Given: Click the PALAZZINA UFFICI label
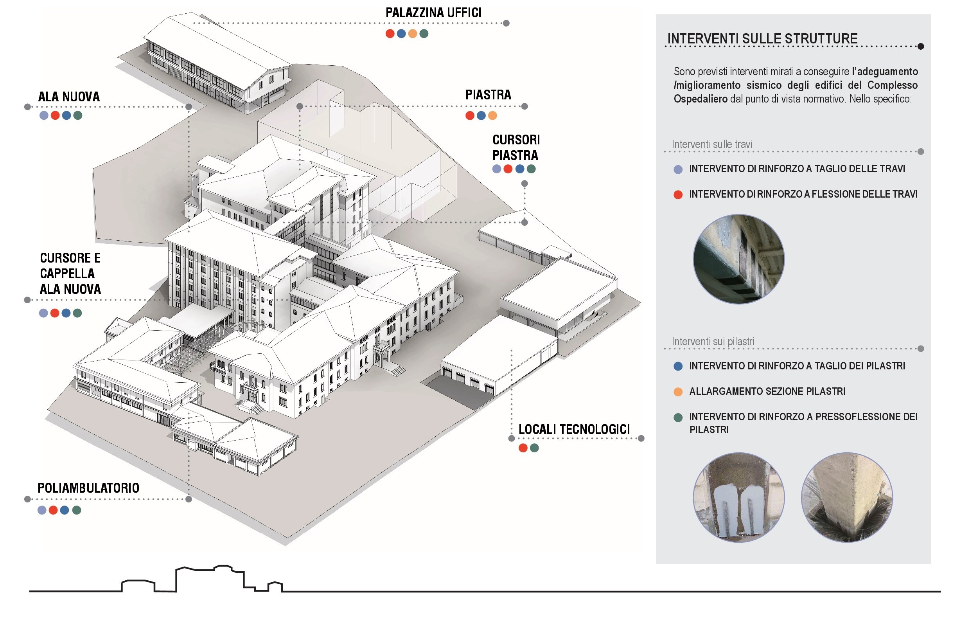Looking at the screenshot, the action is click(x=433, y=13).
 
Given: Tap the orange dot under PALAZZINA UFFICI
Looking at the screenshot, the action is click(x=412, y=34).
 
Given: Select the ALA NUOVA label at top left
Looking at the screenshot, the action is click(x=69, y=97).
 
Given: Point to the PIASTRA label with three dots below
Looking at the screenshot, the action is click(x=488, y=95).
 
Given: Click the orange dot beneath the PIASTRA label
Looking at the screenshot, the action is click(x=492, y=116).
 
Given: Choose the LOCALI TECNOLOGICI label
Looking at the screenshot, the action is click(x=574, y=430).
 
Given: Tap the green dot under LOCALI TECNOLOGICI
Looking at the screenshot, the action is click(x=534, y=448).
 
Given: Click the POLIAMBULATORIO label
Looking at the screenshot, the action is click(x=88, y=488).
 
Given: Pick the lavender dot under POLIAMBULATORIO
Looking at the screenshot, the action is click(x=42, y=510).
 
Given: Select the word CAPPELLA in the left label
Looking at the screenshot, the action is click(x=67, y=274).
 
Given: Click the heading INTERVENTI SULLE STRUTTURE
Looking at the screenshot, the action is click(x=762, y=39).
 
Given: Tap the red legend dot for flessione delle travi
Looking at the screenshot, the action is click(x=678, y=195).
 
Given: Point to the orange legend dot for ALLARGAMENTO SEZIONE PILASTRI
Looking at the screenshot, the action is click(x=678, y=392).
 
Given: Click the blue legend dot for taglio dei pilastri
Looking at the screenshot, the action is click(x=678, y=366).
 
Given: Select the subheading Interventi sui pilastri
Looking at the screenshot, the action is click(x=713, y=342).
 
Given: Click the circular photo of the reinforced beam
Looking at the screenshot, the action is click(x=738, y=259).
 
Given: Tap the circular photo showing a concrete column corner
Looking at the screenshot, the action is click(x=847, y=497).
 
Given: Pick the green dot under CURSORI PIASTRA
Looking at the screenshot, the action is click(x=531, y=169).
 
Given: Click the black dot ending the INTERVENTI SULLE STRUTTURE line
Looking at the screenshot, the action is click(x=920, y=47).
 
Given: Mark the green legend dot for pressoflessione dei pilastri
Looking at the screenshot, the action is click(x=678, y=418).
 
